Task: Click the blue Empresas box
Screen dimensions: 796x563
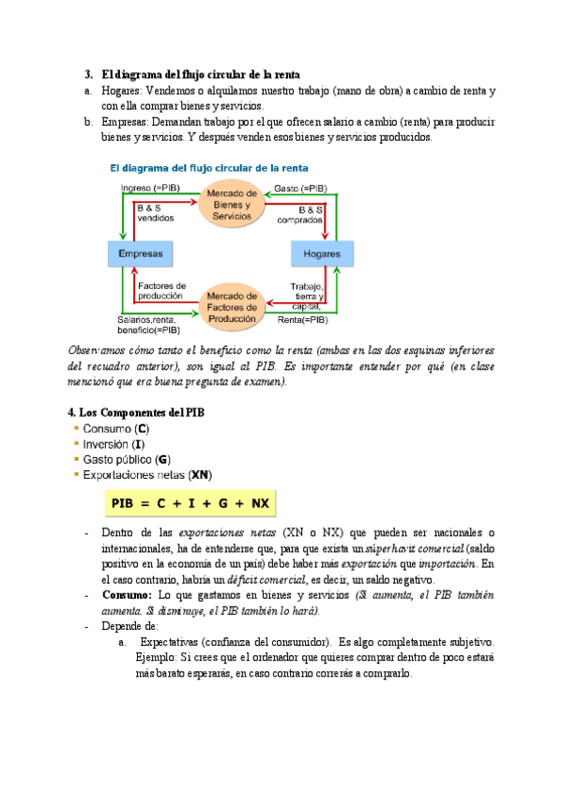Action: point(141,254)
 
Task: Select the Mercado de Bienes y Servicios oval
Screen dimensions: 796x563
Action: point(229,205)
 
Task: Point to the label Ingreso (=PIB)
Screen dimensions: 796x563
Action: point(151,188)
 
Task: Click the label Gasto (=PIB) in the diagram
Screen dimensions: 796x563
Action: point(302,188)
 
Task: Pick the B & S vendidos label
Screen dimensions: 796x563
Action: point(156,212)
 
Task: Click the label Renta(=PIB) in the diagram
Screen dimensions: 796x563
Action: point(303,319)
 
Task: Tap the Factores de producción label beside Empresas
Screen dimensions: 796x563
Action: point(162,290)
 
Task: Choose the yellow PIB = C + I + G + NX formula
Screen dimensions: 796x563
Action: point(190,504)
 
